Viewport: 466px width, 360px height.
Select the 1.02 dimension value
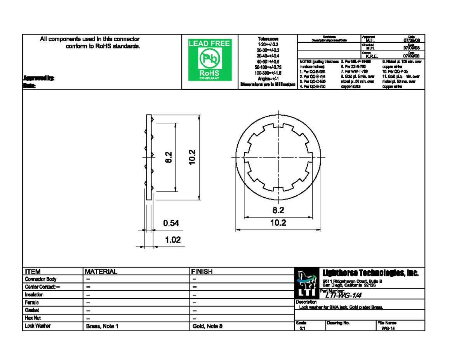173,240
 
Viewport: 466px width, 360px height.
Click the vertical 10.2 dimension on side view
192,157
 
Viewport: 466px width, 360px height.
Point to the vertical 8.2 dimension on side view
168,157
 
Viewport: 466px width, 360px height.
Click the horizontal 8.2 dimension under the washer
278,211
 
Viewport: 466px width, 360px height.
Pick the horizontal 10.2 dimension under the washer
278,223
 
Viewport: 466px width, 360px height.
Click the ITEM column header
33,272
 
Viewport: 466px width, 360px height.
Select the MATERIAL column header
101,272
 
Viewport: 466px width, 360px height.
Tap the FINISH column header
202,272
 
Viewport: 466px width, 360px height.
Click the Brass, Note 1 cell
101,327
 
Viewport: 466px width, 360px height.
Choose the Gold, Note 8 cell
207,327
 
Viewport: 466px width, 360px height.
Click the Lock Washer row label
38,326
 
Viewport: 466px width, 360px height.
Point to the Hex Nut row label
33,318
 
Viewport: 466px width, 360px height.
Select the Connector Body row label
41,279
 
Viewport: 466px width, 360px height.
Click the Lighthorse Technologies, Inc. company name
370,273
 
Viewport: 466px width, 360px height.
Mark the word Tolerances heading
268,39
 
